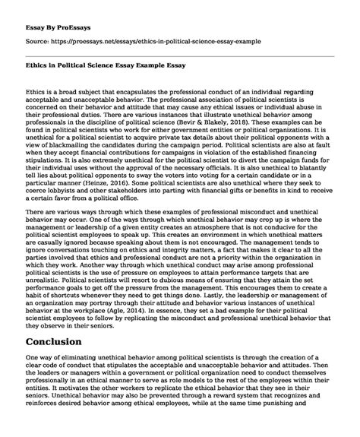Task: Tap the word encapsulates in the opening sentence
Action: [x=125, y=90]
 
